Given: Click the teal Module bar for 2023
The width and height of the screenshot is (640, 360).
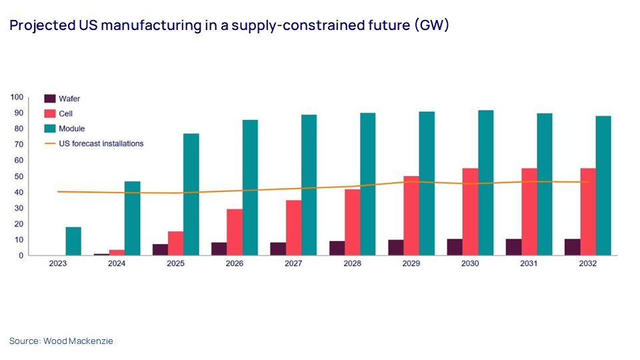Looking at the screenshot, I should coord(73,241).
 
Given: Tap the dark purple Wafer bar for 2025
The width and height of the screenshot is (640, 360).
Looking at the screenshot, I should coord(160,249).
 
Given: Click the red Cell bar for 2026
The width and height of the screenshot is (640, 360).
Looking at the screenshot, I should coord(235,232).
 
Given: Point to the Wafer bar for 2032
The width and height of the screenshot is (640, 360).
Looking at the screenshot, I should coord(572,247).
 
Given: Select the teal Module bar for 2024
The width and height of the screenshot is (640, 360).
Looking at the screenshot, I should coord(132,218).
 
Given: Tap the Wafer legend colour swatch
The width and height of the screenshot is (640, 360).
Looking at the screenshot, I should coord(49,99).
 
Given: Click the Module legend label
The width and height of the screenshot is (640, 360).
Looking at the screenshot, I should coord(72,128).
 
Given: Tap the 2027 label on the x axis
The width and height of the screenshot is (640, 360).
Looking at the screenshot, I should coord(294,264).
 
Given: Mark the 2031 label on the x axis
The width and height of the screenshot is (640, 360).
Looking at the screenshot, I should coord(529,264).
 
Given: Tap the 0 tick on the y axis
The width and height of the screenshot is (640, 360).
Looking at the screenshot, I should coord(21,255).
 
